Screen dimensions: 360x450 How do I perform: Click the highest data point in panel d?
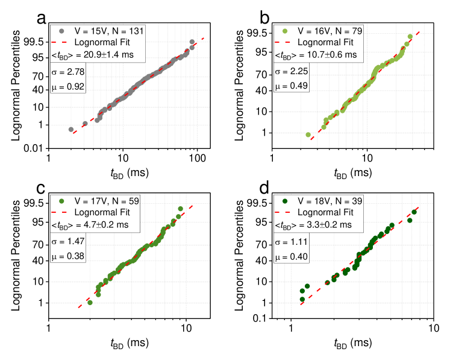(x=414, y=212)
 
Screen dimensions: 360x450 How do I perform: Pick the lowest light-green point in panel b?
(x=308, y=134)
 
